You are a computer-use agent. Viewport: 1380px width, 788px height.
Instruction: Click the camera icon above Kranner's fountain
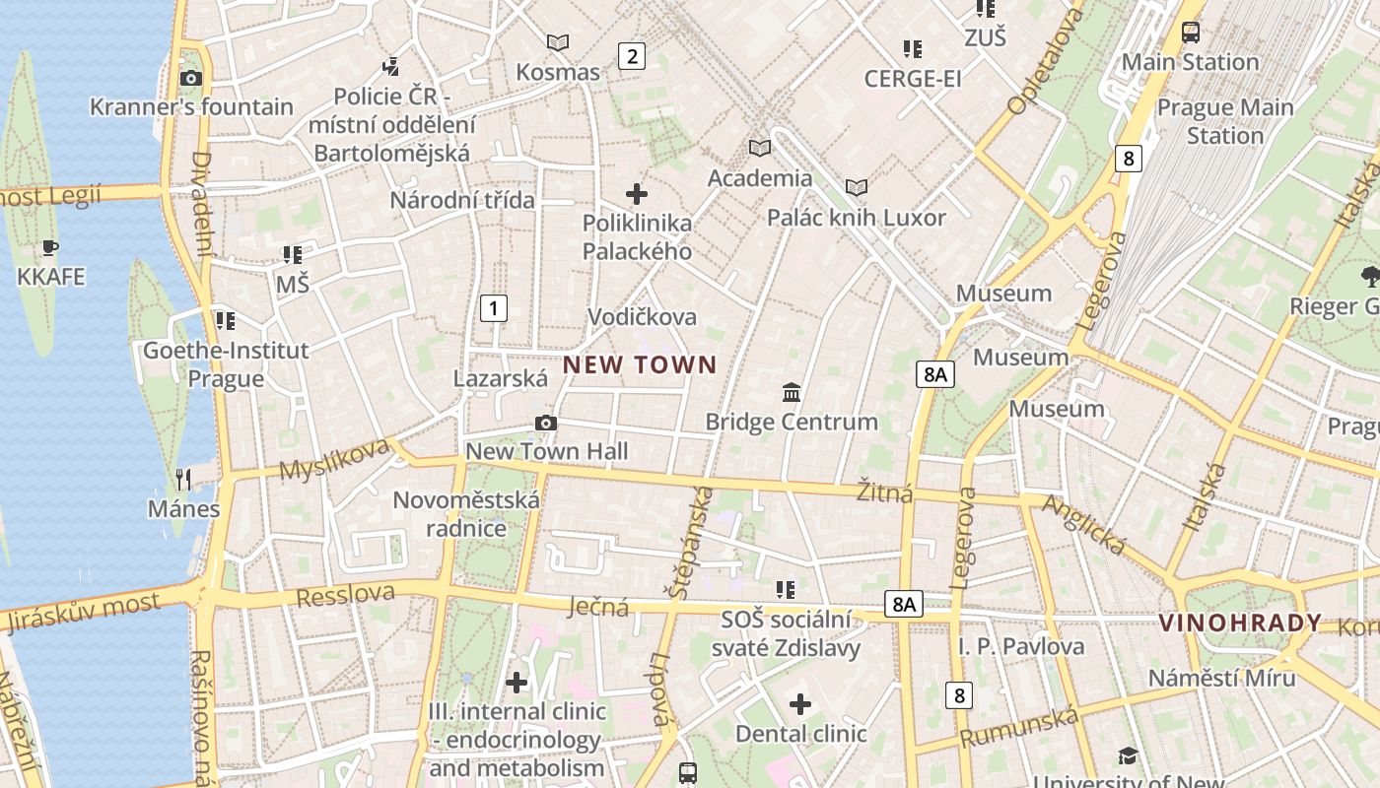tap(191, 79)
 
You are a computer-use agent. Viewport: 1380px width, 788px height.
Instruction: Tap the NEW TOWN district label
tap(640, 365)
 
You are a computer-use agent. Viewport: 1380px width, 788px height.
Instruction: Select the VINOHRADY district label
tap(1239, 623)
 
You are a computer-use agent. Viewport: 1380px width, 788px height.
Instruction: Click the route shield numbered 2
tap(631, 56)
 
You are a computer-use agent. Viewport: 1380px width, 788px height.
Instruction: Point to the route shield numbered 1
tap(493, 308)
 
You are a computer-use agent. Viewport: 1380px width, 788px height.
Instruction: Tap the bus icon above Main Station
tap(1191, 33)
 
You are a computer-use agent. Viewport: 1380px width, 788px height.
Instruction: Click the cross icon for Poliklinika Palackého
tap(637, 194)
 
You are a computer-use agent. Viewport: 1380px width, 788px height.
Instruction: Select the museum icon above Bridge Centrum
tap(791, 393)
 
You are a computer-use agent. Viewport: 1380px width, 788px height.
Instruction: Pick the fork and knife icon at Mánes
tap(183, 480)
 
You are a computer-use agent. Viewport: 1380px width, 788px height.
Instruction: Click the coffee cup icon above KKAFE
tap(50, 247)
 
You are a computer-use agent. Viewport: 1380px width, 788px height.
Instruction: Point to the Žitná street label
tap(884, 492)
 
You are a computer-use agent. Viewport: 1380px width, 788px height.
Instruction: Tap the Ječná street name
tap(598, 607)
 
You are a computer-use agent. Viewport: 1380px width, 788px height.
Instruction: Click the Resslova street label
tap(345, 594)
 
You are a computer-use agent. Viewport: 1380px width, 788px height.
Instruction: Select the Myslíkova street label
tap(335, 460)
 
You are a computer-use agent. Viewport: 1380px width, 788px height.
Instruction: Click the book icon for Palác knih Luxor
tap(857, 187)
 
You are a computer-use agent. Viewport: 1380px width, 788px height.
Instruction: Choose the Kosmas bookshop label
tap(558, 72)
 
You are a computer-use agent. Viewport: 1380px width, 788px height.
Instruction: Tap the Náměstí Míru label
tap(1221, 678)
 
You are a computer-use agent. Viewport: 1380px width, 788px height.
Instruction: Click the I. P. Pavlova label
tap(1021, 646)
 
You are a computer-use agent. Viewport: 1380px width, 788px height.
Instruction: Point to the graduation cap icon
tap(1128, 755)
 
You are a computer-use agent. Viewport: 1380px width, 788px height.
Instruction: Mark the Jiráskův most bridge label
tap(83, 613)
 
